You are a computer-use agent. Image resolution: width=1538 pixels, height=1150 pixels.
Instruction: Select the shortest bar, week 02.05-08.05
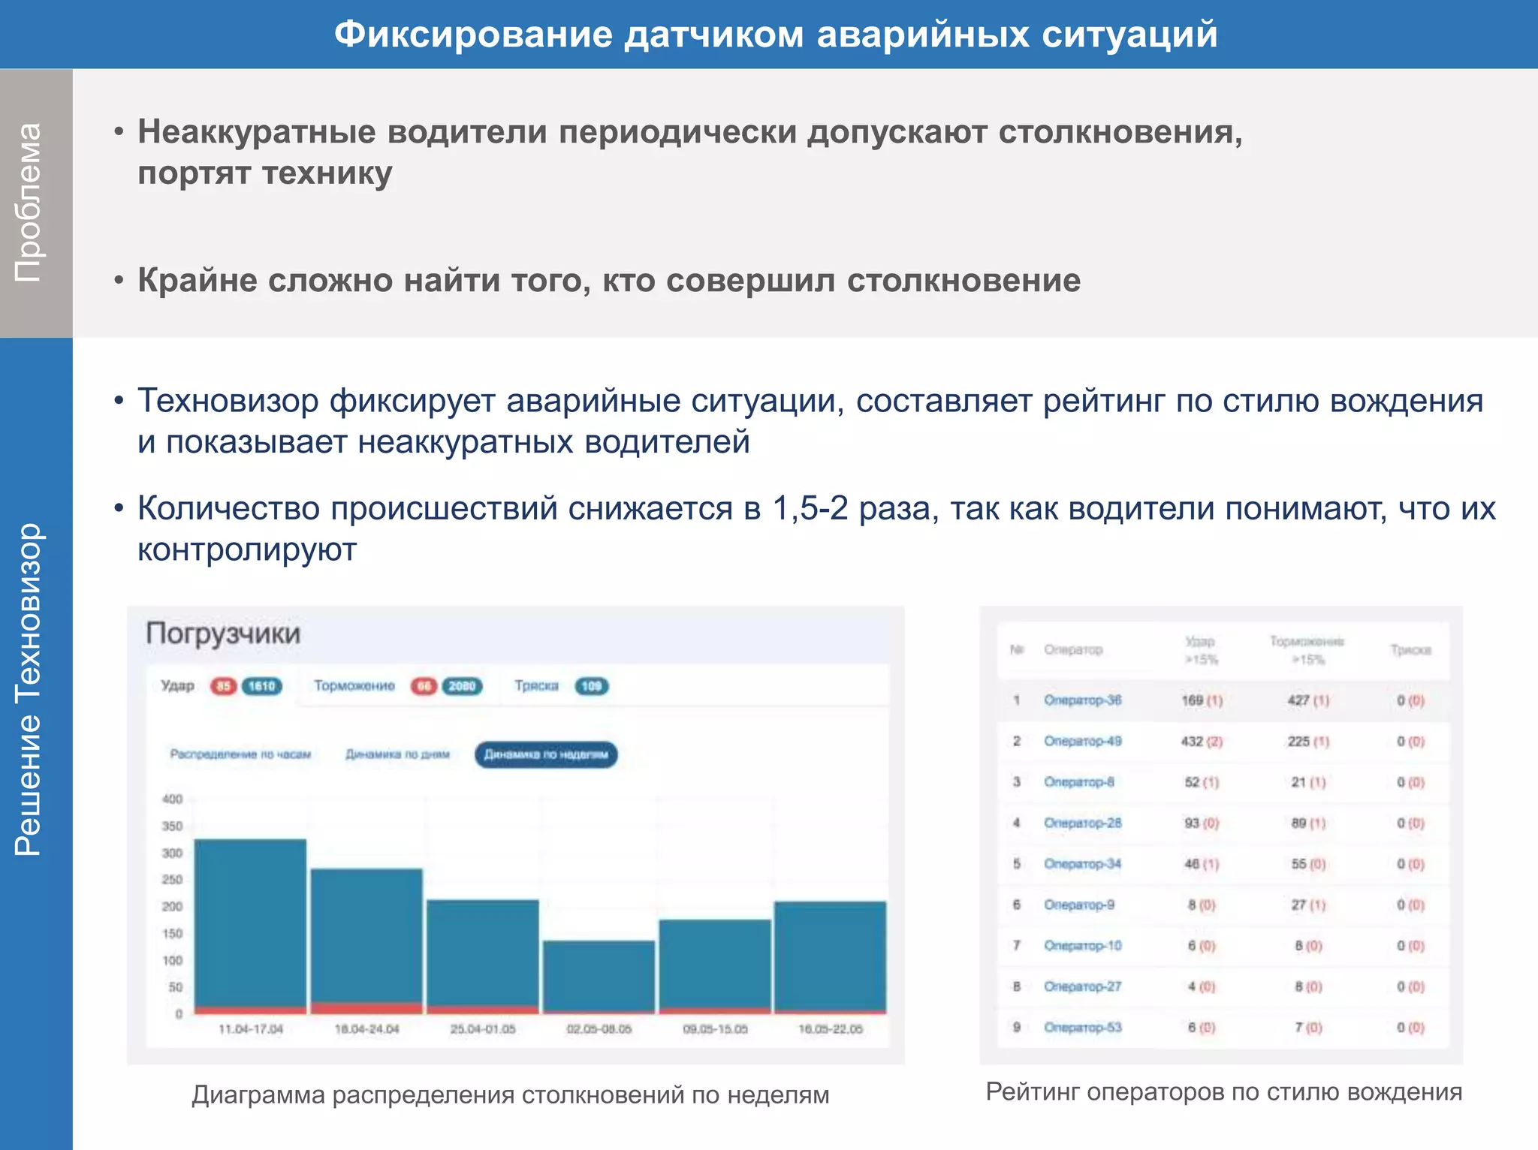[599, 976]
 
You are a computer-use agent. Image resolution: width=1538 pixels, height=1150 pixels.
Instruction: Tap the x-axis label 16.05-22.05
[830, 1028]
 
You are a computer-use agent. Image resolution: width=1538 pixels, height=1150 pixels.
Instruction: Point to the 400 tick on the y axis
[172, 799]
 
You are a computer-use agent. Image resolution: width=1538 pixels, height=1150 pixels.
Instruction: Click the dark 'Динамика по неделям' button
[546, 754]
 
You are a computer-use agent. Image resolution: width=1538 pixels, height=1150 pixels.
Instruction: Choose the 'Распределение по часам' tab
[240, 754]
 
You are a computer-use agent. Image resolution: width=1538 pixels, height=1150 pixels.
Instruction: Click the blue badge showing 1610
[261, 686]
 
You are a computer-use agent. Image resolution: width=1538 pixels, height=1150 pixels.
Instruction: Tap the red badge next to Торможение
[424, 686]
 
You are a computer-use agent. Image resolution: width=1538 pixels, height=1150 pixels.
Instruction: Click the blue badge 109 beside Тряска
[592, 686]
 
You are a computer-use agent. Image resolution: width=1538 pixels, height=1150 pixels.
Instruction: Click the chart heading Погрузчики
[223, 634]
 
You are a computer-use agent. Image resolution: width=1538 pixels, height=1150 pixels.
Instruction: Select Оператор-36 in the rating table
[1082, 700]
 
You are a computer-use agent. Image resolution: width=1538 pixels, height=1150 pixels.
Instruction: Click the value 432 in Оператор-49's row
[1192, 742]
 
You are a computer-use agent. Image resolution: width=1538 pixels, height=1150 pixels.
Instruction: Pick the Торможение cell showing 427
[1298, 700]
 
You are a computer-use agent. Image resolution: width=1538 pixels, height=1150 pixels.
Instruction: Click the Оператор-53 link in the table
[1082, 1028]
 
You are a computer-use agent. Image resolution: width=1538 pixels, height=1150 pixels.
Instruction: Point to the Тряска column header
[1410, 650]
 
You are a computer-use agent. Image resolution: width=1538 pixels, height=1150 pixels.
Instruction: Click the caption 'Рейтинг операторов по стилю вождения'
[1223, 1091]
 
